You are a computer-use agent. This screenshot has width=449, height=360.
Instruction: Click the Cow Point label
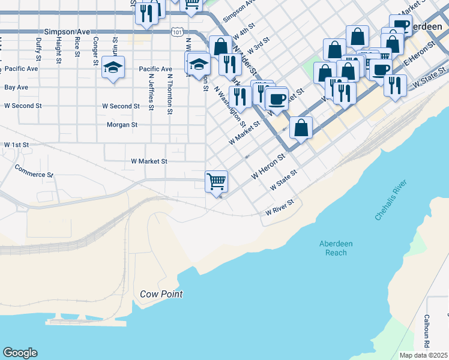tap(161, 294)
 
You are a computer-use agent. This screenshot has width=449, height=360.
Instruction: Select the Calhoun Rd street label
tap(427, 332)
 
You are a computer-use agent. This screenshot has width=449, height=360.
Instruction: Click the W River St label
tap(282, 208)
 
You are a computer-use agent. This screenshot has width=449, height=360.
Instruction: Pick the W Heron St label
tap(267, 166)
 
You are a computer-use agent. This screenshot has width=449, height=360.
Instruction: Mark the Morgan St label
tap(122, 125)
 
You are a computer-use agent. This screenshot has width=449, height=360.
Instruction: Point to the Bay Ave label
tap(16, 88)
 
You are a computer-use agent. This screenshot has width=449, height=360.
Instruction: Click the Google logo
tap(20, 353)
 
